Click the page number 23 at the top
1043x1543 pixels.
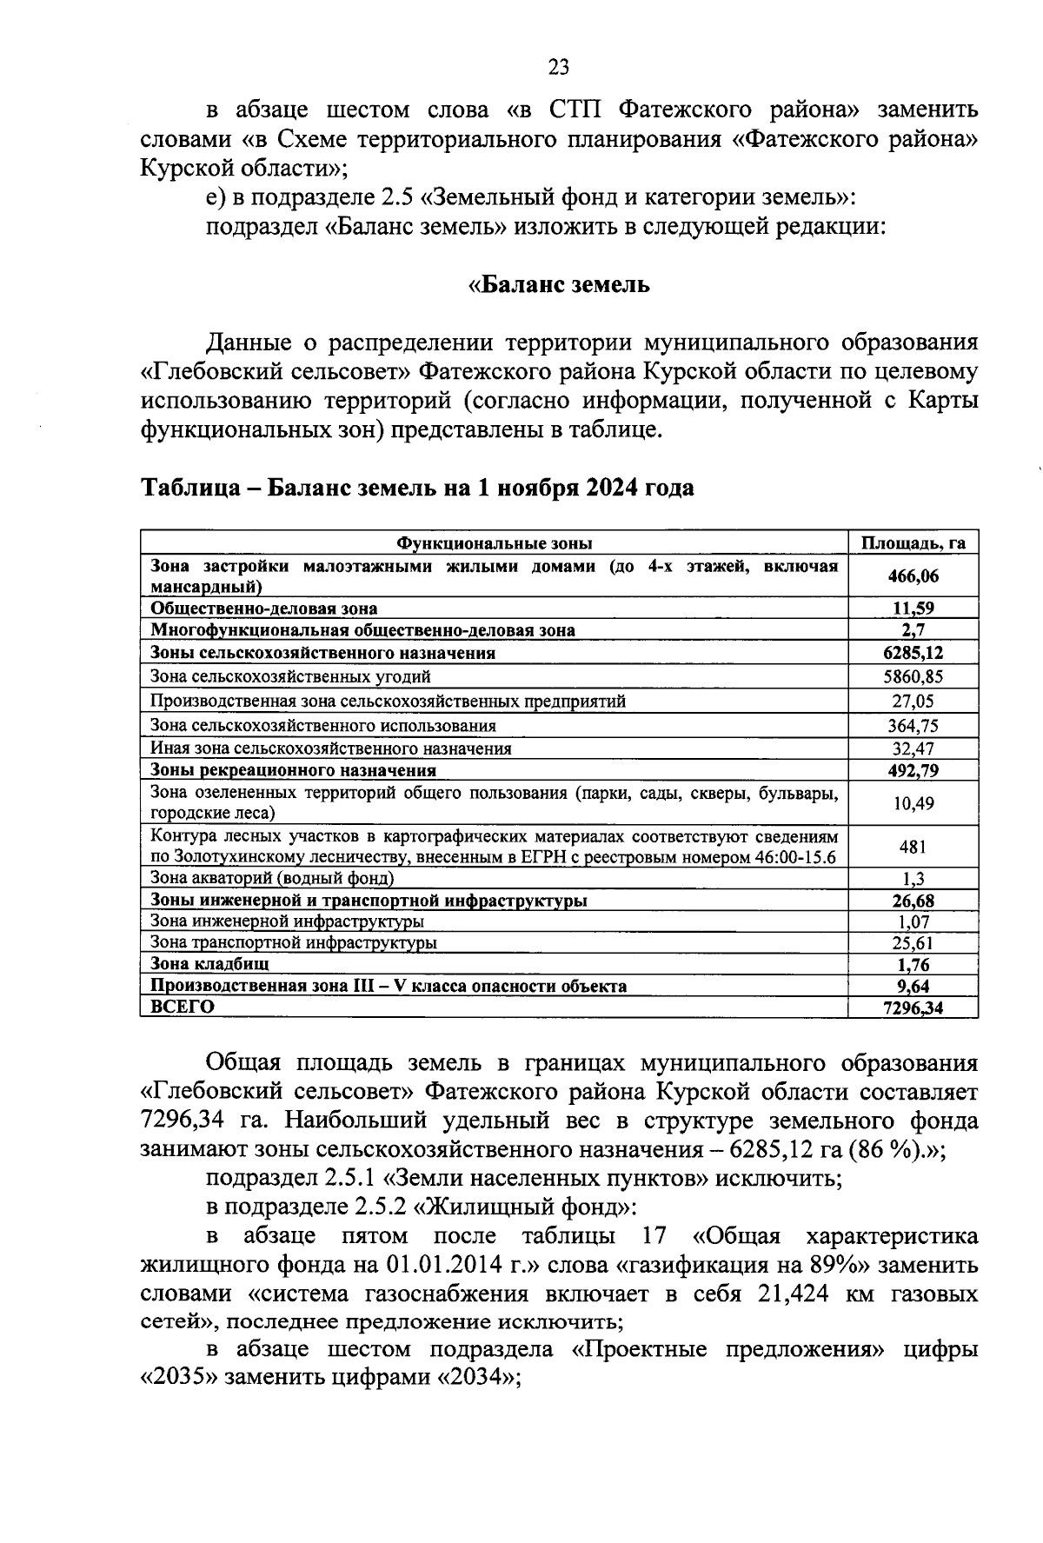pos(558,67)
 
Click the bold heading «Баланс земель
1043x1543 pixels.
pos(558,284)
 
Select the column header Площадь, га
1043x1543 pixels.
pos(913,542)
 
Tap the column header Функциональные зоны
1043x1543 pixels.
pos(494,542)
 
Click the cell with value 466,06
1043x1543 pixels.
pos(913,575)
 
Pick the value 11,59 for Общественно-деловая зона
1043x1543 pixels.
pos(913,609)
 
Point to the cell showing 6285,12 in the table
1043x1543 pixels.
pos(913,653)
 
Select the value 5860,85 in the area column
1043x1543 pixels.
pos(913,676)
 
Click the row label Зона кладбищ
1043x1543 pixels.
pos(209,963)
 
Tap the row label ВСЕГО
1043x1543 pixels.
pos(183,1007)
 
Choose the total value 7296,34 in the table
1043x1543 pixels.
pos(913,1008)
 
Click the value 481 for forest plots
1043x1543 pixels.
pos(913,847)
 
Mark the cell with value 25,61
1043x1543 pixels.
pos(913,942)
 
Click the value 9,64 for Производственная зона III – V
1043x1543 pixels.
pos(913,986)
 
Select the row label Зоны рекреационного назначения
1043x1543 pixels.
pos(293,770)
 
